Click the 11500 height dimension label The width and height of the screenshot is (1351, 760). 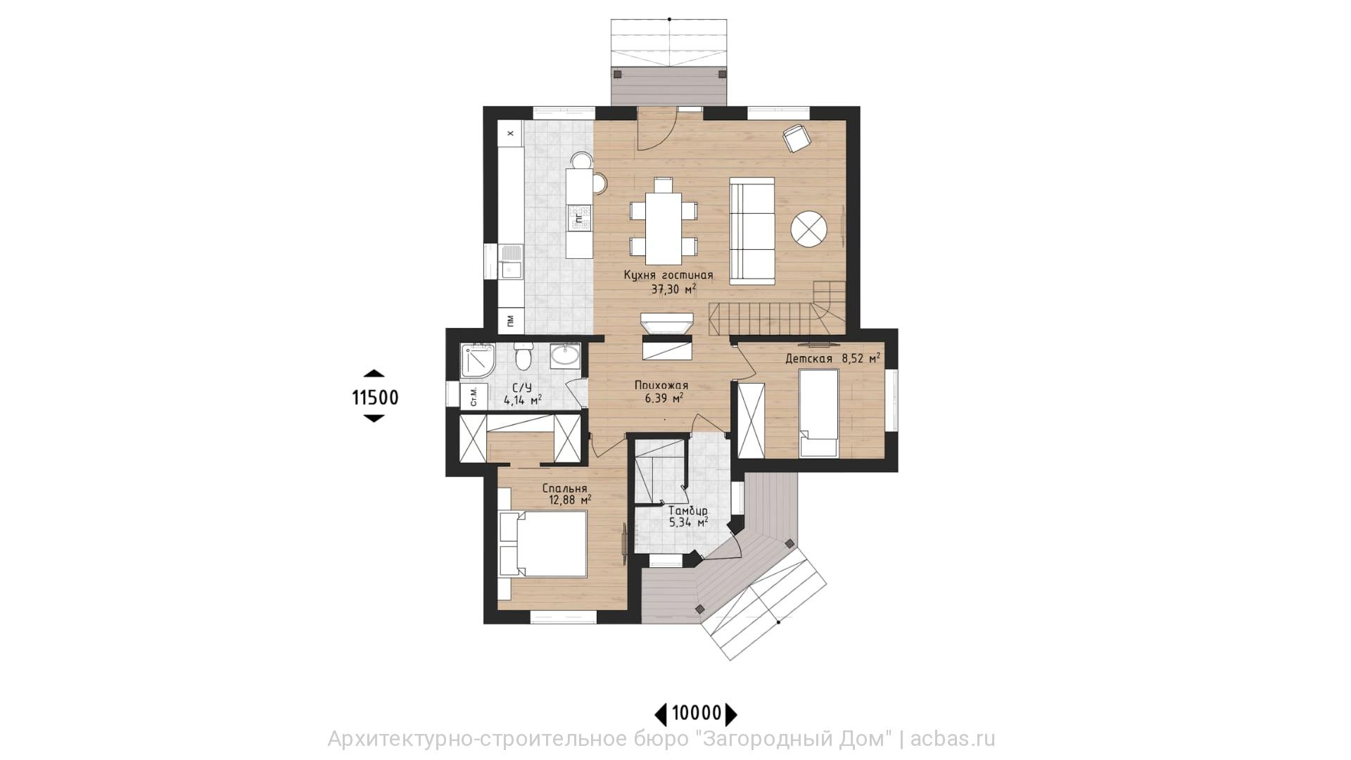pos(375,398)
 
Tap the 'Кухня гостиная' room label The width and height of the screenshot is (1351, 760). pos(668,275)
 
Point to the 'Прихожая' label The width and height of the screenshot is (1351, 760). pos(661,385)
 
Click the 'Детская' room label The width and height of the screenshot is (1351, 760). pos(808,359)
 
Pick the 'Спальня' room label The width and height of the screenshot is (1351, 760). pos(564,488)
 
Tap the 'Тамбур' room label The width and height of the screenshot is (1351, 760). pos(688,510)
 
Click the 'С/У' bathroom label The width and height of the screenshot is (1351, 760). pos(521,388)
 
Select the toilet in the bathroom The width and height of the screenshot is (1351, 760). pos(523,357)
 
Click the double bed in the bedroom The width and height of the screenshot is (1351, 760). pos(543,544)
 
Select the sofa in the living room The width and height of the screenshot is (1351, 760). pos(751,230)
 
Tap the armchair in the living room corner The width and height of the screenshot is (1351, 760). pos(797,137)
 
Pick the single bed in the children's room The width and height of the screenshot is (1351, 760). pos(819,413)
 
